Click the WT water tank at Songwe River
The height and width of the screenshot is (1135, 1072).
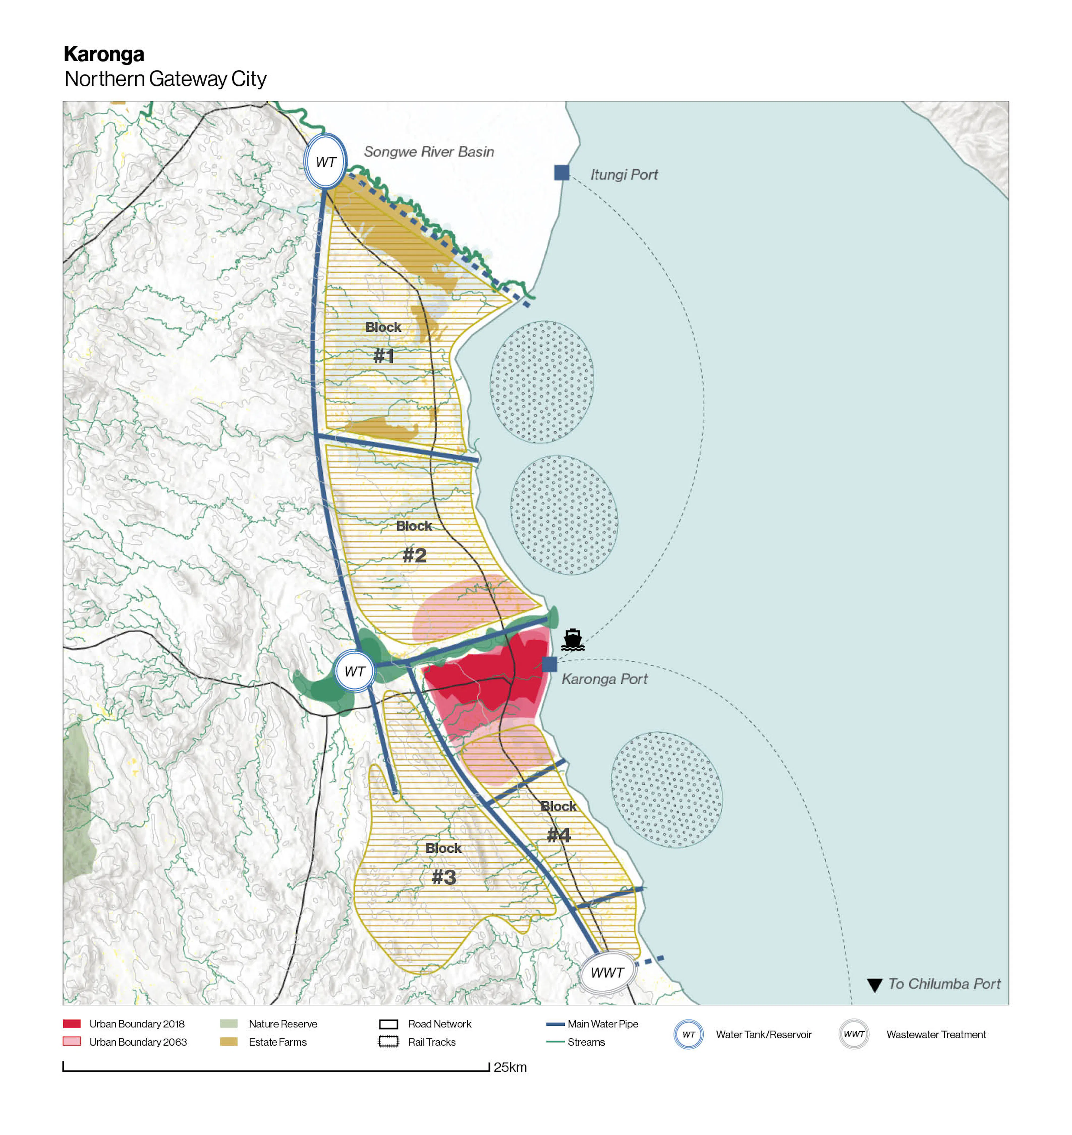(325, 162)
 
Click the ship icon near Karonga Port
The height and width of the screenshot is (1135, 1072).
(572, 640)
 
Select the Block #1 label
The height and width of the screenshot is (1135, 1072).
(383, 341)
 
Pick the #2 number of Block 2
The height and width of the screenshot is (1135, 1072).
(414, 555)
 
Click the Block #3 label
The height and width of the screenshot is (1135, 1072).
(443, 863)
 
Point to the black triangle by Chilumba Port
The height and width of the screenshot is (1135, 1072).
(874, 985)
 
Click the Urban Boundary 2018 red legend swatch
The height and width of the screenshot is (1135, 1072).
(72, 1024)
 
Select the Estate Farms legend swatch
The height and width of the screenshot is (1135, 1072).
(228, 1042)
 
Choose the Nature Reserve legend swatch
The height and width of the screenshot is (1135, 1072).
(228, 1024)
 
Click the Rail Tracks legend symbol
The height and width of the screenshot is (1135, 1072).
(388, 1042)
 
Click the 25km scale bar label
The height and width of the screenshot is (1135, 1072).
(510, 1067)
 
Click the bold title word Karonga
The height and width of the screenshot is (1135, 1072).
(104, 54)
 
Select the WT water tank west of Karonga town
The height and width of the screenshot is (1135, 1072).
(354, 672)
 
